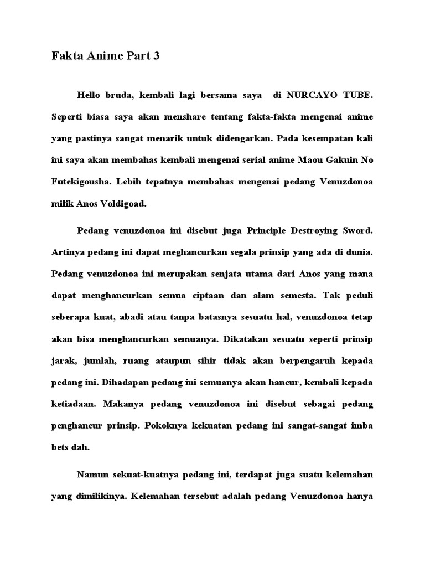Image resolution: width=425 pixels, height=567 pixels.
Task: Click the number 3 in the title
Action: pyautogui.click(x=156, y=56)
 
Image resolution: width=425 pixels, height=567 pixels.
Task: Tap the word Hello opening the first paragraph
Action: pyautogui.click(x=90, y=96)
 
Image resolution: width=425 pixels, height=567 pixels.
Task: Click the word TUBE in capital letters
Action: pyautogui.click(x=356, y=96)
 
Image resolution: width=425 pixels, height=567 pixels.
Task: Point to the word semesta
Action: pyautogui.click(x=288, y=295)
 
